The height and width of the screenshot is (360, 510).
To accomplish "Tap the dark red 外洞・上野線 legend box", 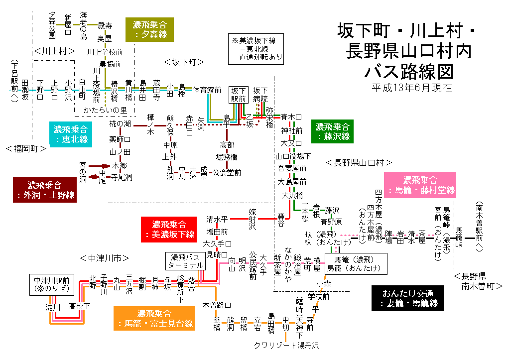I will tap(44, 190).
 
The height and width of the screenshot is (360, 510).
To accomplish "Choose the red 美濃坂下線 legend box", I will tap(169, 229).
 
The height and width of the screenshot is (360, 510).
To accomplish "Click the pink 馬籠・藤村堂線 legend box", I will tap(420, 185).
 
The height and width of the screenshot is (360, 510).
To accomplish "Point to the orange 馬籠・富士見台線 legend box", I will tap(154, 319).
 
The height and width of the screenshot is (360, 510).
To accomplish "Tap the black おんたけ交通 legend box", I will tap(408, 298).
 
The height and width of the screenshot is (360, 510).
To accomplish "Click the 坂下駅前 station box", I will tap(238, 95).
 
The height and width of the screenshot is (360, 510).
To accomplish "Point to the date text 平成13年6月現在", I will tap(412, 88).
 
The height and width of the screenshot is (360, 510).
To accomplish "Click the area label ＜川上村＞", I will tap(55, 51).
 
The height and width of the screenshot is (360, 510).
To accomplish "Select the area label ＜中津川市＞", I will tap(105, 258).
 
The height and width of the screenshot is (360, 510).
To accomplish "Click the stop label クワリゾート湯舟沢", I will tap(286, 345).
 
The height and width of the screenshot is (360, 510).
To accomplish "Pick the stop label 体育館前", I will tap(207, 90).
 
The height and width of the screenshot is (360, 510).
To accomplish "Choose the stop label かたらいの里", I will tap(106, 110).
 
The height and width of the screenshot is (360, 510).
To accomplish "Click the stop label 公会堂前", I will tap(227, 173).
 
